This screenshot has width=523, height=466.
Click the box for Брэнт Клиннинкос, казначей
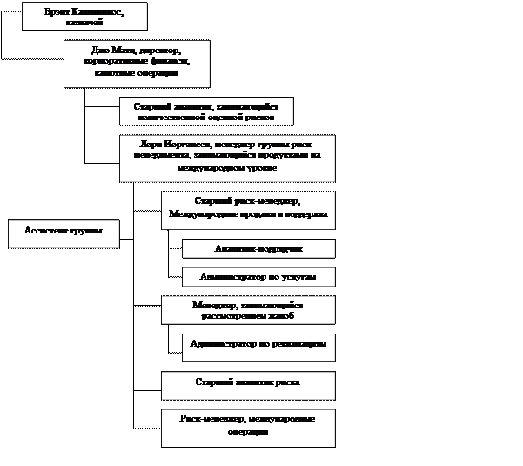tap(84, 17)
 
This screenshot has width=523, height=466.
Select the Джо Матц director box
tap(137, 63)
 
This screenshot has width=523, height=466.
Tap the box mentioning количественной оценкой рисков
tap(206, 111)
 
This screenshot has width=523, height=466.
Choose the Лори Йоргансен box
tap(227, 158)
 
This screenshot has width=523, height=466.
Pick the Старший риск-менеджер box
tap(248, 210)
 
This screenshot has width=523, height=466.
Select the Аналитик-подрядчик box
tap(258, 249)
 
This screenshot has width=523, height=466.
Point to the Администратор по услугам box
tap(258, 277)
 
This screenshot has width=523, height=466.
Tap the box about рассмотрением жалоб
tap(248, 310)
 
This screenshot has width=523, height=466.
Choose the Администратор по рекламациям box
tap(258, 346)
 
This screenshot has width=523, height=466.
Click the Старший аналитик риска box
tap(248, 384)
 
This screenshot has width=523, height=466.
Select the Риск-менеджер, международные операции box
tap(248, 427)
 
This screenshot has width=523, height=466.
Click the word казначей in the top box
tap(84, 23)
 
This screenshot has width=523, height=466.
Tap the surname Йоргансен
tap(187, 145)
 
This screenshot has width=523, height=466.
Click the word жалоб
tap(284, 316)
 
